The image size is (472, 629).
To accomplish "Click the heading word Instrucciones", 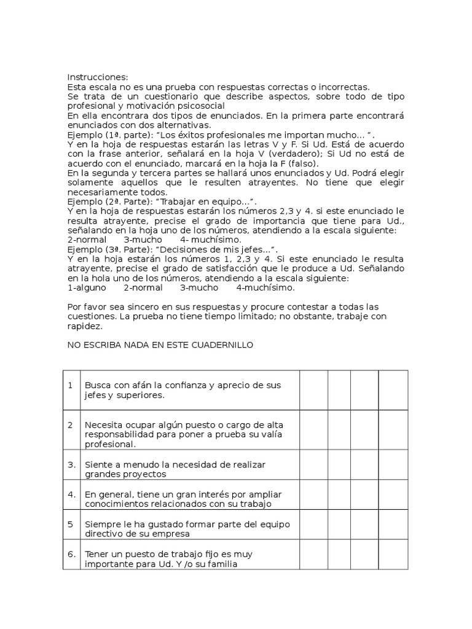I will (x=98, y=77).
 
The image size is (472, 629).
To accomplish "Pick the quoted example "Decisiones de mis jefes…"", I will (x=224, y=249).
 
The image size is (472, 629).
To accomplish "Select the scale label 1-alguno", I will (x=87, y=287).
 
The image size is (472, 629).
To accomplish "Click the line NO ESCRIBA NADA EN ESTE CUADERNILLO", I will (x=160, y=345).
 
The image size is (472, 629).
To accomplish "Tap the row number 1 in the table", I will (x=71, y=385).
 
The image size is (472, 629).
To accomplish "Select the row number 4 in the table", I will (x=71, y=494).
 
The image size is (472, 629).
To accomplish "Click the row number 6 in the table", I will (x=71, y=553).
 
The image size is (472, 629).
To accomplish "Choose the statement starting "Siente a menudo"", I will (x=175, y=469).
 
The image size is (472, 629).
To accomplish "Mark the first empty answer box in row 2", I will (x=313, y=434).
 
